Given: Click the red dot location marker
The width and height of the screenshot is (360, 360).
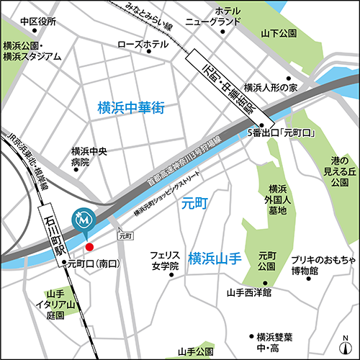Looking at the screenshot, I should point(89,247).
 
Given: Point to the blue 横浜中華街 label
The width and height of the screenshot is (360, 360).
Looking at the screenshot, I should point(131,109).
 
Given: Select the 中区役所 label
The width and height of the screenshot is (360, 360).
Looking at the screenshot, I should point(38,22).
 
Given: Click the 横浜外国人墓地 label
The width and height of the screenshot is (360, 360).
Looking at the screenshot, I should point(273,189).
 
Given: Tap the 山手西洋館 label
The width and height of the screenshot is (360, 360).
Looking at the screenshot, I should point(248,293).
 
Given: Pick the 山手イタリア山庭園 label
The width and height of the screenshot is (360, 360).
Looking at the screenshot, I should point(55,305).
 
